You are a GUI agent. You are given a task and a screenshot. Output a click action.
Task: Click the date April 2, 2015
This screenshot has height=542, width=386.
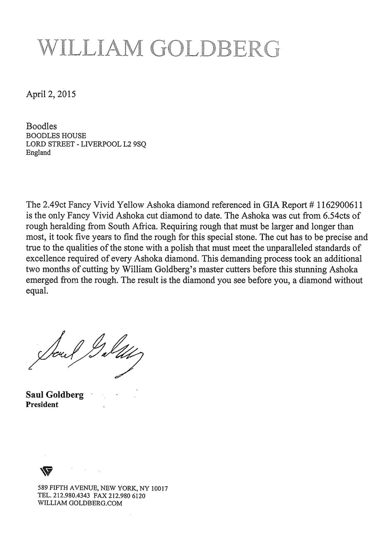[51, 94]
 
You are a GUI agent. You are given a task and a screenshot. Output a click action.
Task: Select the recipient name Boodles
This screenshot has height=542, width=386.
[42, 126]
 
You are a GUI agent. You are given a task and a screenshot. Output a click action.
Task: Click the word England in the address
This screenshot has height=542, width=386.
[38, 152]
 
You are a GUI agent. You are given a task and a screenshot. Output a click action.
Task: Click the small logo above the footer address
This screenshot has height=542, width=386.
[46, 471]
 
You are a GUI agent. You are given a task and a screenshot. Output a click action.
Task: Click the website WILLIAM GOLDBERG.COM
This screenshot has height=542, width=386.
[80, 503]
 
